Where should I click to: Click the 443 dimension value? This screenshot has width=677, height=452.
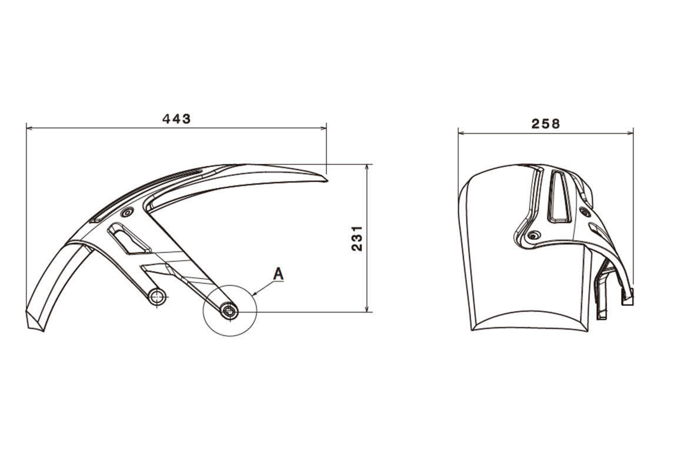[x=176, y=118]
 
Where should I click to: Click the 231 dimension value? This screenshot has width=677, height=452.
[x=356, y=238]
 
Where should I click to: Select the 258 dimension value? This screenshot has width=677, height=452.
[x=545, y=124]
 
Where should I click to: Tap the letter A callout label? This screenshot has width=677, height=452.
[x=279, y=274]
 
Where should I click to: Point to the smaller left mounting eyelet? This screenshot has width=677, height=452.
[x=158, y=297]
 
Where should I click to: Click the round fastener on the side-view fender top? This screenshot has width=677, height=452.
[x=127, y=212]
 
